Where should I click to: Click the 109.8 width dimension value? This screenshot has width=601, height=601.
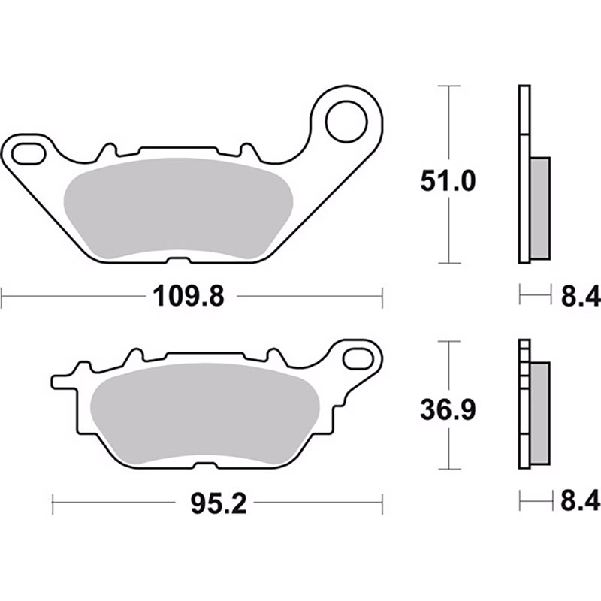click(x=189, y=296)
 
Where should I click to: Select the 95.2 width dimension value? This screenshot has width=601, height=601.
click(x=219, y=503)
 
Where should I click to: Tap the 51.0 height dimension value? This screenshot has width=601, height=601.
click(x=448, y=181)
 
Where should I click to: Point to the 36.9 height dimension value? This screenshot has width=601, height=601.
click(x=448, y=409)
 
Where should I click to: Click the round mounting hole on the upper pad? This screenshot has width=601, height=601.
click(x=346, y=122)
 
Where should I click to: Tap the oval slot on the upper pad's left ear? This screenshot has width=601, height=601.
click(x=29, y=153)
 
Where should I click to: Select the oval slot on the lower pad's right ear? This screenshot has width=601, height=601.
click(x=358, y=359)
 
